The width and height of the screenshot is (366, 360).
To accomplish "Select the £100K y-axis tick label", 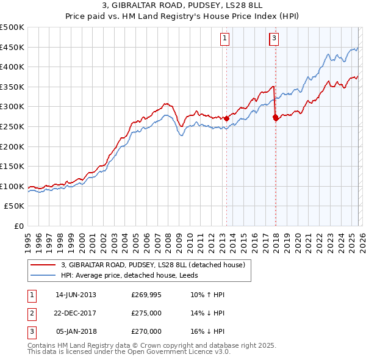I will (12, 186).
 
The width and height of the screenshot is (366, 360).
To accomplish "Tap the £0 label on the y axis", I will (19, 226).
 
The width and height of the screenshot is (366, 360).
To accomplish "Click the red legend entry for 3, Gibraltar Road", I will (152, 265).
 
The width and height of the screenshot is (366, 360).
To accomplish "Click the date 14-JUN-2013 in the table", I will (76, 295).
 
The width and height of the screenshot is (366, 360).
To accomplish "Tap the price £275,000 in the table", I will (146, 313).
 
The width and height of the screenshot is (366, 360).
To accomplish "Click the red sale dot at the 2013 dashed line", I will (226, 118).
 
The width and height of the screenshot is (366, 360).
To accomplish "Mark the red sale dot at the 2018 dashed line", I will (276, 118).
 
